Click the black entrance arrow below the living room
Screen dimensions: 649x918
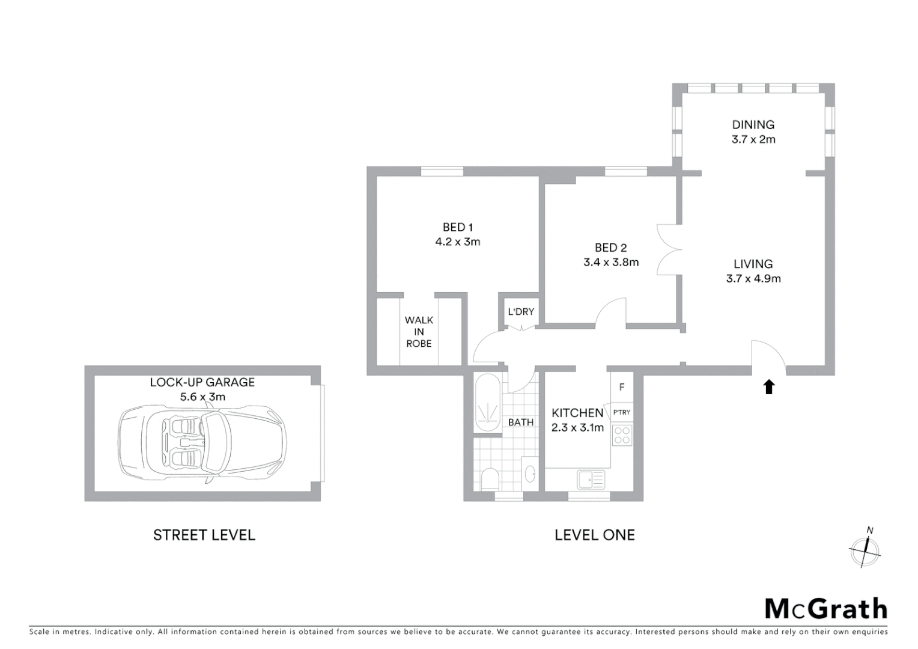[768, 387]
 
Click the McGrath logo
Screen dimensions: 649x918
[825, 609]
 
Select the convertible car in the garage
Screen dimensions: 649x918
[202, 443]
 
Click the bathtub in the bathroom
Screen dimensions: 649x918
[487, 403]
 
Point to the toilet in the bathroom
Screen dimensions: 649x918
[490, 479]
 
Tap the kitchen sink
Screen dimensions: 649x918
[591, 480]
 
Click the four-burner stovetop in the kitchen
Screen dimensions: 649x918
[622, 435]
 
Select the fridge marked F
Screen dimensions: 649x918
[622, 388]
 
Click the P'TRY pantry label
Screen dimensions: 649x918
[622, 412]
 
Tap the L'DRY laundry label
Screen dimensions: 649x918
[521, 311]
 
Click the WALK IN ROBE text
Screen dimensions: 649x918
[419, 332]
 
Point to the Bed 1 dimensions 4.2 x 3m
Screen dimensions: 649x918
[458, 242]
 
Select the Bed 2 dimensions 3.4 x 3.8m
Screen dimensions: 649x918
[611, 262]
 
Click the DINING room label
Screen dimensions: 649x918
[753, 124]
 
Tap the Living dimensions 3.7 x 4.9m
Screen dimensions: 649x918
[753, 278]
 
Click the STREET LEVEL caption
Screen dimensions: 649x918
[204, 535]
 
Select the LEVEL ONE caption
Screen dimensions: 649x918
[594, 535]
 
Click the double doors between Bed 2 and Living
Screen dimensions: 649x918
[669, 249]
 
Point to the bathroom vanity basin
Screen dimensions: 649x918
[530, 474]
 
